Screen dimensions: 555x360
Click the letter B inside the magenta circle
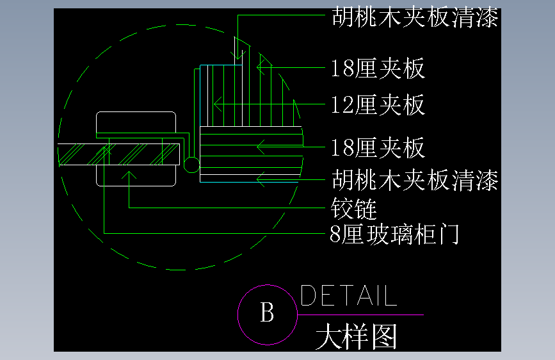click(268, 314)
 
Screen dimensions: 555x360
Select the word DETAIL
click(348, 296)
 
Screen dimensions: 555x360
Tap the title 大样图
click(357, 336)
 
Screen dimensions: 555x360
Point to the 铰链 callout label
click(354, 208)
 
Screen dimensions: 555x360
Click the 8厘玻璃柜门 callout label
click(394, 234)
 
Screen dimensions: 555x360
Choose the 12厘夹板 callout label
click(378, 104)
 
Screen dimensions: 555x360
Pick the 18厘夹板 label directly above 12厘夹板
click(378, 68)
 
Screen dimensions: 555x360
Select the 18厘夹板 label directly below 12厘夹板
click(378, 148)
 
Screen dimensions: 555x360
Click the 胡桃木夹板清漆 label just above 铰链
click(415, 181)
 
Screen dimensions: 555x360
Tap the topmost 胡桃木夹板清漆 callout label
click(415, 17)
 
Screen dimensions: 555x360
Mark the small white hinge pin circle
click(191, 165)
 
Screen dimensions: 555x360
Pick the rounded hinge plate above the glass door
click(136, 124)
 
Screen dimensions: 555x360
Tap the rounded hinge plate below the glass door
click(136, 176)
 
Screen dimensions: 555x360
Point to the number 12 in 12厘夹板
click(342, 104)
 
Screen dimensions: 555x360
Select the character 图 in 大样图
click(384, 336)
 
